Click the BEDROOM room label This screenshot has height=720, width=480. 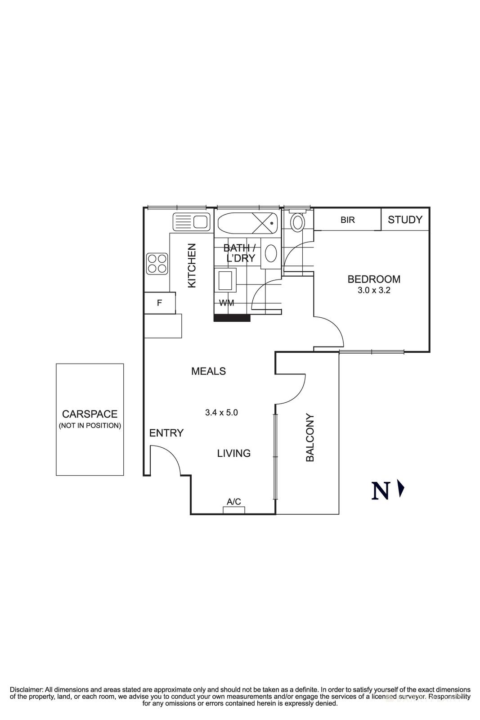point(373,279)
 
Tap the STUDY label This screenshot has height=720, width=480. point(405,220)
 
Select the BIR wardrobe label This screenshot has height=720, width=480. point(347,220)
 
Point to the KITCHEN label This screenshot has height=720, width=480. point(192,265)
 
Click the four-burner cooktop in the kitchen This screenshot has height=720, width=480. point(157,264)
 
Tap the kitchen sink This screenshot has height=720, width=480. point(191,222)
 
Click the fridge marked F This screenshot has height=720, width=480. point(159,303)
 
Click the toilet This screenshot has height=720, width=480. point(297,222)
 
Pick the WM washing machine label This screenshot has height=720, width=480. point(226,303)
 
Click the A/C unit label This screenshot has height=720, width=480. point(233,501)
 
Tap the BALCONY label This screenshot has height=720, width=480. point(310,438)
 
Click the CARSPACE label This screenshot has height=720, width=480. point(90,414)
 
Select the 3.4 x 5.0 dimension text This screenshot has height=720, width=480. point(221,412)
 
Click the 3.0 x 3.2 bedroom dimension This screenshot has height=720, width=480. point(373,291)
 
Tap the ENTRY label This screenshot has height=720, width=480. point(166,433)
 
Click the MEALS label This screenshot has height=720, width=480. point(208,371)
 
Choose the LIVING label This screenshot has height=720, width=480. point(233,453)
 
